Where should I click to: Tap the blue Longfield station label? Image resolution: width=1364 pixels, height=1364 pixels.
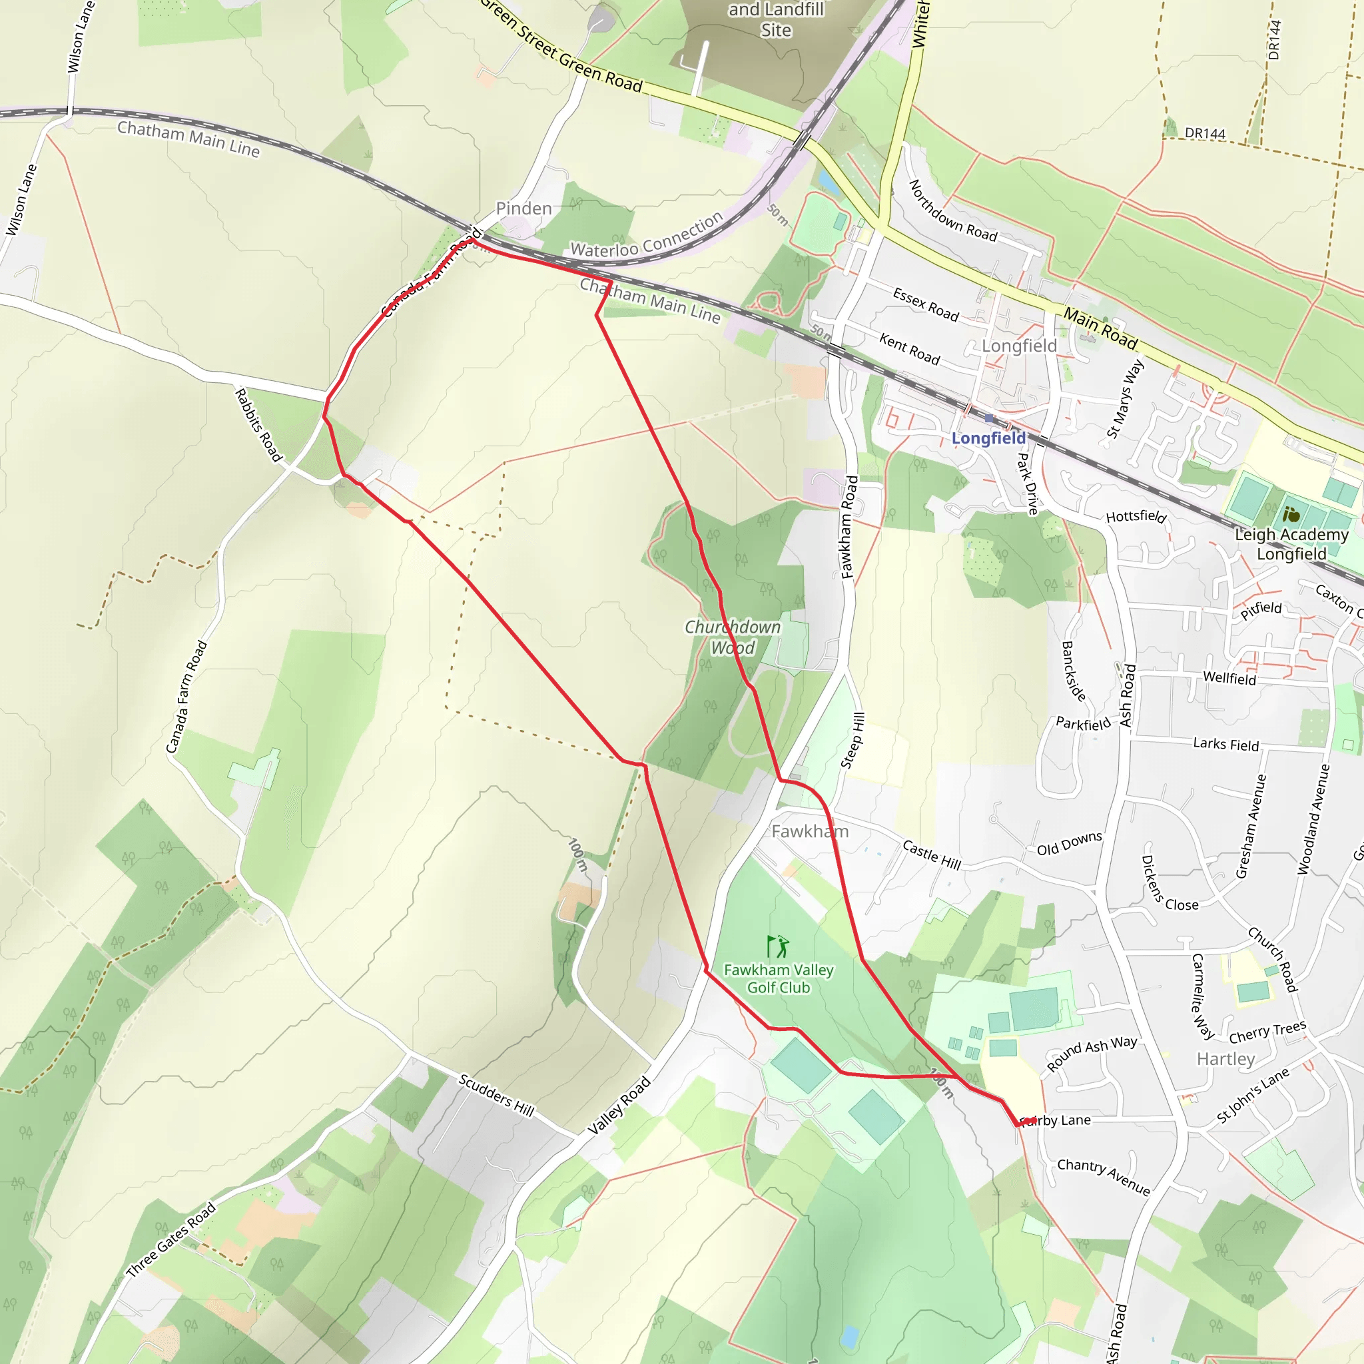click(x=988, y=438)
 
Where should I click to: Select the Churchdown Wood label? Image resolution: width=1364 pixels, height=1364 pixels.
click(x=733, y=637)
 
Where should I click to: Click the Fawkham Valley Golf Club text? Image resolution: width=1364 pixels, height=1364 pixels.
click(x=779, y=978)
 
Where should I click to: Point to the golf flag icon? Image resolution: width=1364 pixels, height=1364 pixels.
click(x=777, y=946)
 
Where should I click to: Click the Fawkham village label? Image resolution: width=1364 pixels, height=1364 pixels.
click(x=810, y=831)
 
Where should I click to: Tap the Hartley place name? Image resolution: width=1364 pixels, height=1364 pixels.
click(x=1225, y=1059)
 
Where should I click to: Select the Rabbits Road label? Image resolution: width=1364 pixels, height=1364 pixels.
click(x=258, y=425)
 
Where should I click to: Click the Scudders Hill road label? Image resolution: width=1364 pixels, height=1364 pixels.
click(x=496, y=1094)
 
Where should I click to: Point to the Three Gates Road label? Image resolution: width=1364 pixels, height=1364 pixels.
click(x=171, y=1239)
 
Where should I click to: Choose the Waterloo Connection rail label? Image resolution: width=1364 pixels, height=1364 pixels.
click(x=647, y=236)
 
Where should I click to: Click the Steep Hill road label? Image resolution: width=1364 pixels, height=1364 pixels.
click(x=853, y=740)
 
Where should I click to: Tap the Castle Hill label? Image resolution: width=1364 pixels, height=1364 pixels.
click(x=932, y=855)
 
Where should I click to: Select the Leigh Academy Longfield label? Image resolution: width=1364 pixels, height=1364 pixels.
click(x=1291, y=543)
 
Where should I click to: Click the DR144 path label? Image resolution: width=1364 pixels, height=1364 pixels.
click(x=1205, y=133)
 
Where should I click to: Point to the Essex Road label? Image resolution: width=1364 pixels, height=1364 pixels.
click(x=926, y=304)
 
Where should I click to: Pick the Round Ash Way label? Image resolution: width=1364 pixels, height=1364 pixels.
click(x=1092, y=1053)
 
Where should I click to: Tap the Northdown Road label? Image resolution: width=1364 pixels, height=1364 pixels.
click(x=952, y=211)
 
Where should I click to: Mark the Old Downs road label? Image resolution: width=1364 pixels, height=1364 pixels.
click(x=1069, y=844)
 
